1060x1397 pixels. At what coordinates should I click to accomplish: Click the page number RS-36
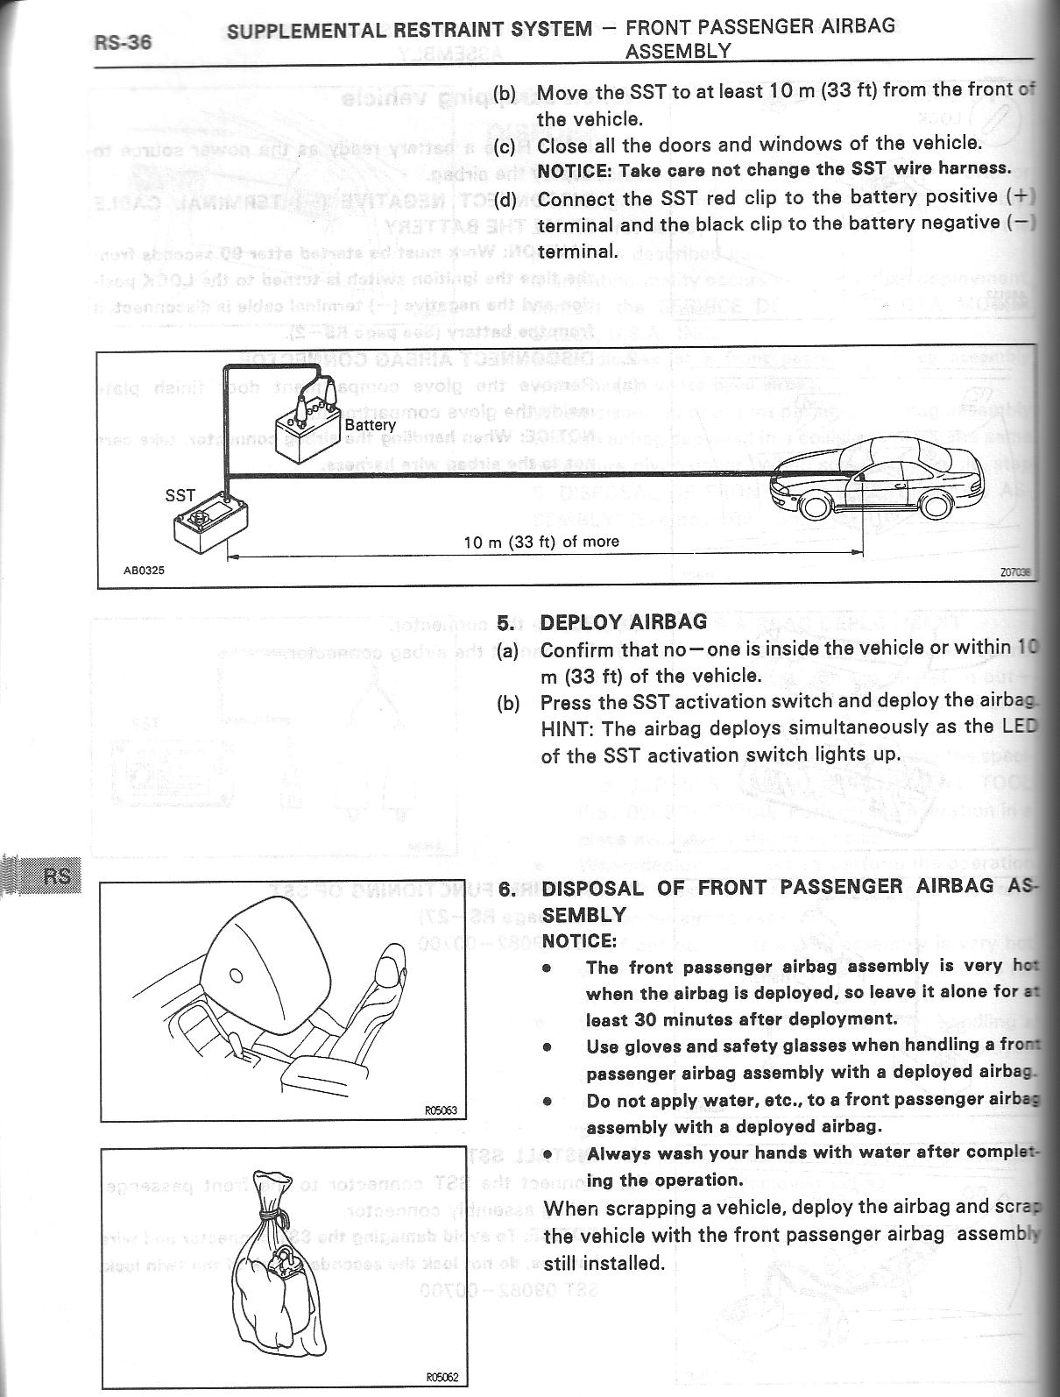[x=122, y=41]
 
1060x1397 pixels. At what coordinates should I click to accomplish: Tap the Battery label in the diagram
[x=370, y=425]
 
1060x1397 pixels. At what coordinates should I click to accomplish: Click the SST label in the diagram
[x=180, y=495]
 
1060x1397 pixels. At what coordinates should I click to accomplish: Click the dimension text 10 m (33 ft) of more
[x=541, y=542]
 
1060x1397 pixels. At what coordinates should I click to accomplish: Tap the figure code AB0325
[x=144, y=570]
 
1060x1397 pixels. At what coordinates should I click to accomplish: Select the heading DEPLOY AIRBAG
[x=623, y=622]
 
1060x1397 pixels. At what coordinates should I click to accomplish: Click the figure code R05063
[x=441, y=1110]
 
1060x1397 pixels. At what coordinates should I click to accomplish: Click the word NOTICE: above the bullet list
[x=579, y=941]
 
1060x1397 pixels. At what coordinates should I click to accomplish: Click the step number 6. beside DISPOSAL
[x=507, y=887]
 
